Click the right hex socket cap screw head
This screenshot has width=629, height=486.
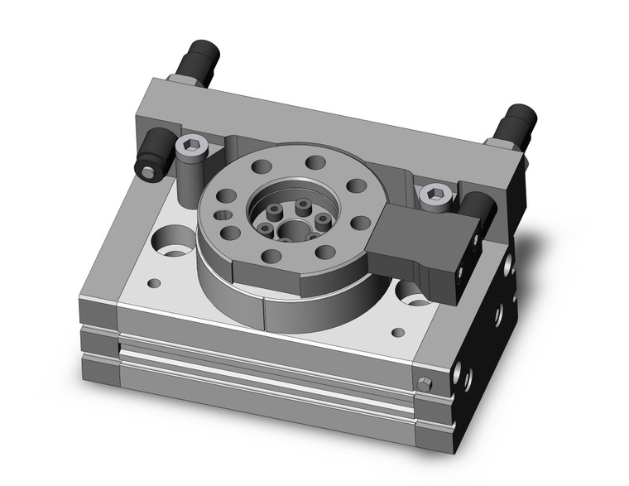click(432, 194)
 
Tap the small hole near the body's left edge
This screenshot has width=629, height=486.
click(152, 283)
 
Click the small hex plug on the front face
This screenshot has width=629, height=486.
click(425, 383)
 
